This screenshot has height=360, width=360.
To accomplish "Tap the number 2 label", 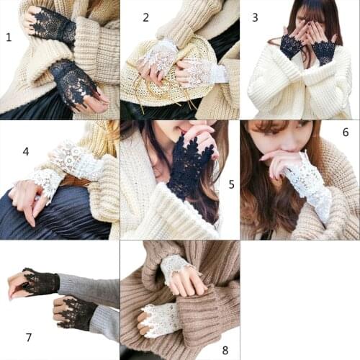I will pos(145,17).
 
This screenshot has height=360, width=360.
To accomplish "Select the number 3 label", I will pos(255,17).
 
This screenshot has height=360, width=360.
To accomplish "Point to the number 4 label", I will pos(26,151).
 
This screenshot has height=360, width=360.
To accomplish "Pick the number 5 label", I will pos(231,184).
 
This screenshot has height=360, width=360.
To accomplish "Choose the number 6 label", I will pos(345,132).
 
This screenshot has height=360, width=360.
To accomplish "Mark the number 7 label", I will pos(29,337).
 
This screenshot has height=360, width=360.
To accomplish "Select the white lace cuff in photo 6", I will pos(310,180).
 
